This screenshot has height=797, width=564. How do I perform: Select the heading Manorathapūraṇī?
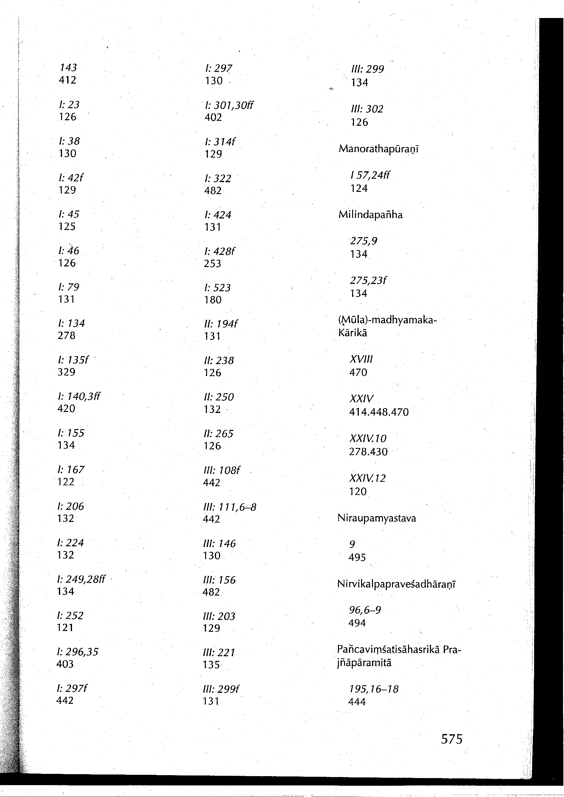pyautogui.click(x=379, y=149)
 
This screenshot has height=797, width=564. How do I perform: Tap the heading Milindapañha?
pyautogui.click(x=370, y=215)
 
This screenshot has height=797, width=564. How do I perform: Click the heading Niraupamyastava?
pyautogui.click(x=377, y=519)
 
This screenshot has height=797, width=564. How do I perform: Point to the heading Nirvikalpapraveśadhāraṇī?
pyautogui.click(x=396, y=585)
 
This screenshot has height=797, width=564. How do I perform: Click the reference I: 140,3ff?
pyautogui.click(x=79, y=396)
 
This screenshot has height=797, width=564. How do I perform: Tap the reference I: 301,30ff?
pyautogui.click(x=229, y=105)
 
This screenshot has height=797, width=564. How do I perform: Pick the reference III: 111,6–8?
pyautogui.click(x=230, y=507)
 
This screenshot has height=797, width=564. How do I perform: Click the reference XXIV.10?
pyautogui.click(x=368, y=438)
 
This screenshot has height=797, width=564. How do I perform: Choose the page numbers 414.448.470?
pyautogui.click(x=379, y=412)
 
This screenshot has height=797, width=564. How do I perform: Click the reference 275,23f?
pyautogui.click(x=368, y=281)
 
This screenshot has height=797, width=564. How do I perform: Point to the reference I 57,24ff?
pyautogui.click(x=370, y=175)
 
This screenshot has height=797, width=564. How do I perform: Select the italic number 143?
pyautogui.click(x=68, y=67)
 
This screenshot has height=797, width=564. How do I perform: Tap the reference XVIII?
pyautogui.click(x=361, y=359)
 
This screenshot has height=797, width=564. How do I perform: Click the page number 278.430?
pyautogui.click(x=368, y=452)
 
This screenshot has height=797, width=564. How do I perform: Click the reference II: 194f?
pyautogui.click(x=221, y=324)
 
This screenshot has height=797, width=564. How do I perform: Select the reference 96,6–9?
pyautogui.click(x=365, y=610)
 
